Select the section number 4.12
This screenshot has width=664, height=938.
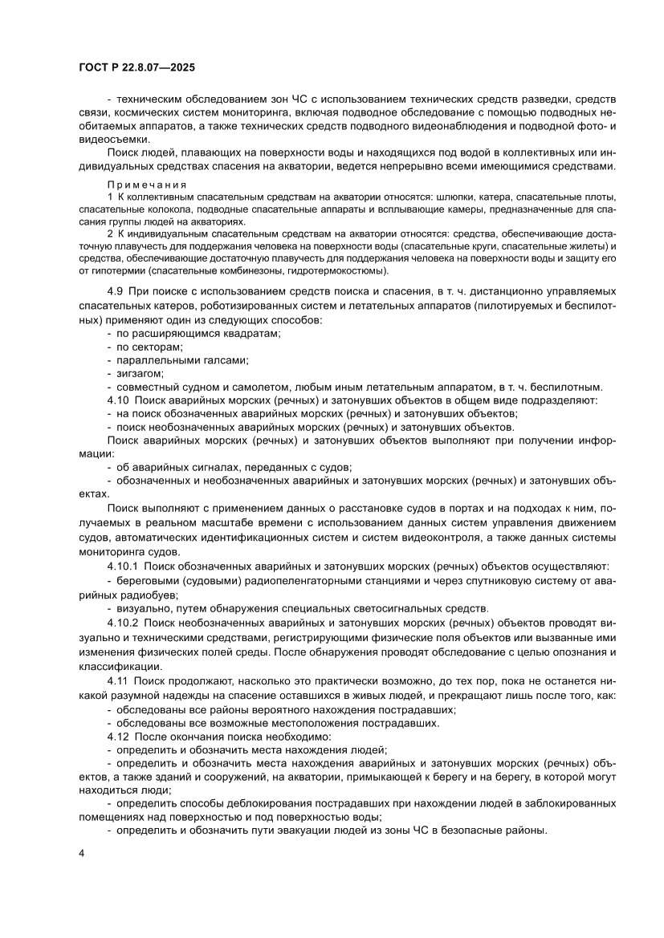pos(118,736)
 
